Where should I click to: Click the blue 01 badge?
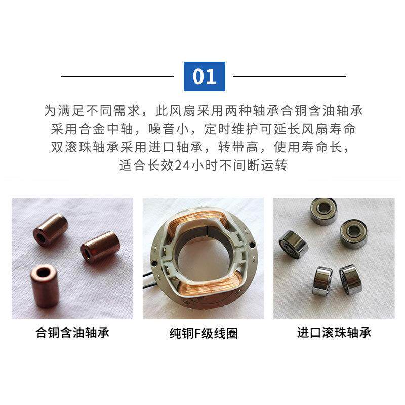204,76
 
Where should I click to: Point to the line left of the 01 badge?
117,76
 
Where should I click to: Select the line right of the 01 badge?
290,76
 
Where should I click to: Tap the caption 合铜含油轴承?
72,333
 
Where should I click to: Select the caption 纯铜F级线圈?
204,334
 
